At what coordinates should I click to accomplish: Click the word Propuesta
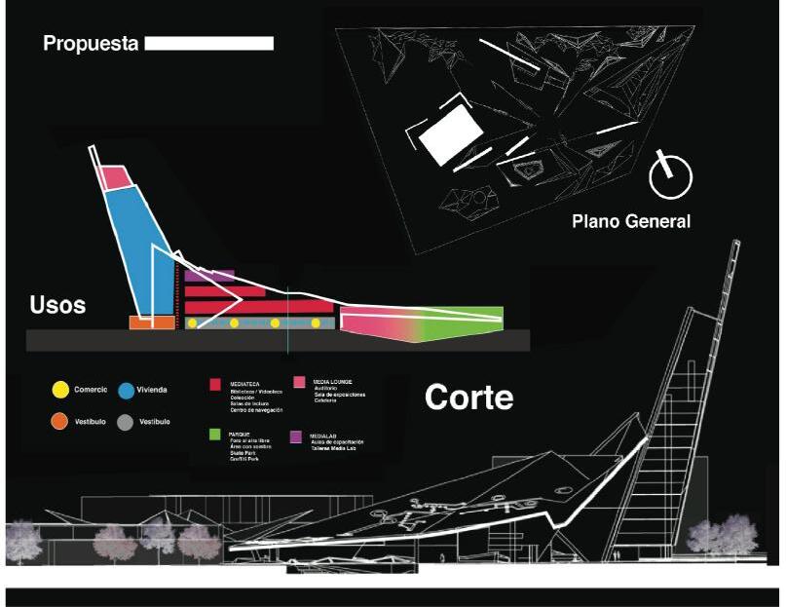(91, 44)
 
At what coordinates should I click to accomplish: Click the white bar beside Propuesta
(208, 44)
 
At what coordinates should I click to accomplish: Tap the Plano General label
(631, 221)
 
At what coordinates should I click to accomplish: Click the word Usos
(56, 305)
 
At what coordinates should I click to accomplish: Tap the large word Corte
(469, 397)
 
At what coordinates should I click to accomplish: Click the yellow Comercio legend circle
(60, 390)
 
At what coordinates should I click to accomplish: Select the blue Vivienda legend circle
(127, 390)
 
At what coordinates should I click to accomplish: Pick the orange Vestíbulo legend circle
(60, 422)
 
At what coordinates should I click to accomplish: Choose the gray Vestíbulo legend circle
(127, 422)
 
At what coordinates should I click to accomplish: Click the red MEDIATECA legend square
(216, 385)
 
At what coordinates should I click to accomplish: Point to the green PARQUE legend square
(216, 434)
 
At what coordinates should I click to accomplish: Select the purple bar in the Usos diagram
(208, 277)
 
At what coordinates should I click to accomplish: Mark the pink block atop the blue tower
(116, 177)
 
